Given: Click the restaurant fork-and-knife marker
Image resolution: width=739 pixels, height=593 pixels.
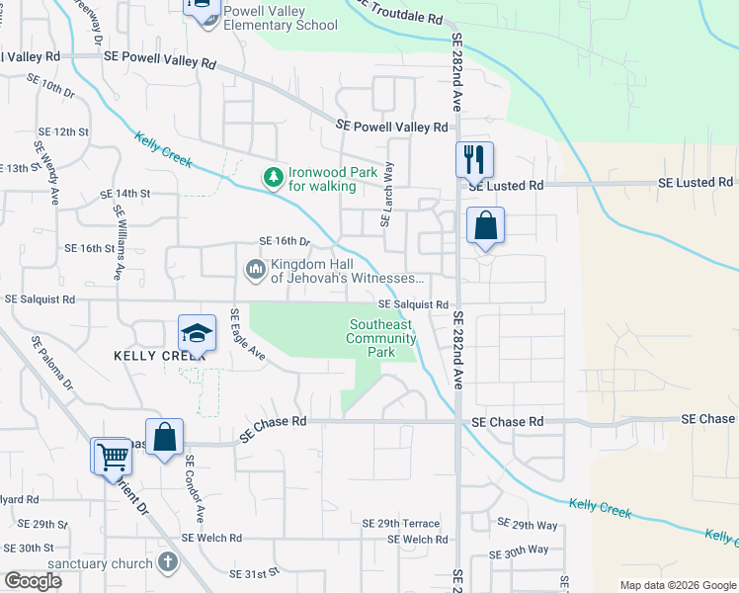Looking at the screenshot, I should pos(474,158).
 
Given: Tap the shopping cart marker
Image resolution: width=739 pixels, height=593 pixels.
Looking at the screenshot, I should pos(112,457).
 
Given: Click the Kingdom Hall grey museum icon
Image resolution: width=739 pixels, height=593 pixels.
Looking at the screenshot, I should pos(255,269).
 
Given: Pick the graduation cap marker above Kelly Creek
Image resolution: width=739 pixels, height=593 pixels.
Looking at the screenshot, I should pos(197,332).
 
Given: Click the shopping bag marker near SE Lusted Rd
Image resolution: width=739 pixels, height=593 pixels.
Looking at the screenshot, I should pos(485,225).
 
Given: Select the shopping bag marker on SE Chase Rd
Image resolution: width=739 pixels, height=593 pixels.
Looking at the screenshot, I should pos(167,437).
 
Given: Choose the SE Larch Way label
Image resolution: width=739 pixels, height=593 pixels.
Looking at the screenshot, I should pos(387,195).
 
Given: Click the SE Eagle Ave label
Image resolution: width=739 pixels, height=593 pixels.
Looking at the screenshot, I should pos(247,335).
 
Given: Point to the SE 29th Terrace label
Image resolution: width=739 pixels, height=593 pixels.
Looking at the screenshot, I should pos(400,523).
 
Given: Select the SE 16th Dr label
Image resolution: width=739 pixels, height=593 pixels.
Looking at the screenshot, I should pos(285,241).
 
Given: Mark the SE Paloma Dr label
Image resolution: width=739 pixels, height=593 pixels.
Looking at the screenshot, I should pos(52,366).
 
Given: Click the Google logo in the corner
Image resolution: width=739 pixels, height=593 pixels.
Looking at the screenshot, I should pos(34,581).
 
